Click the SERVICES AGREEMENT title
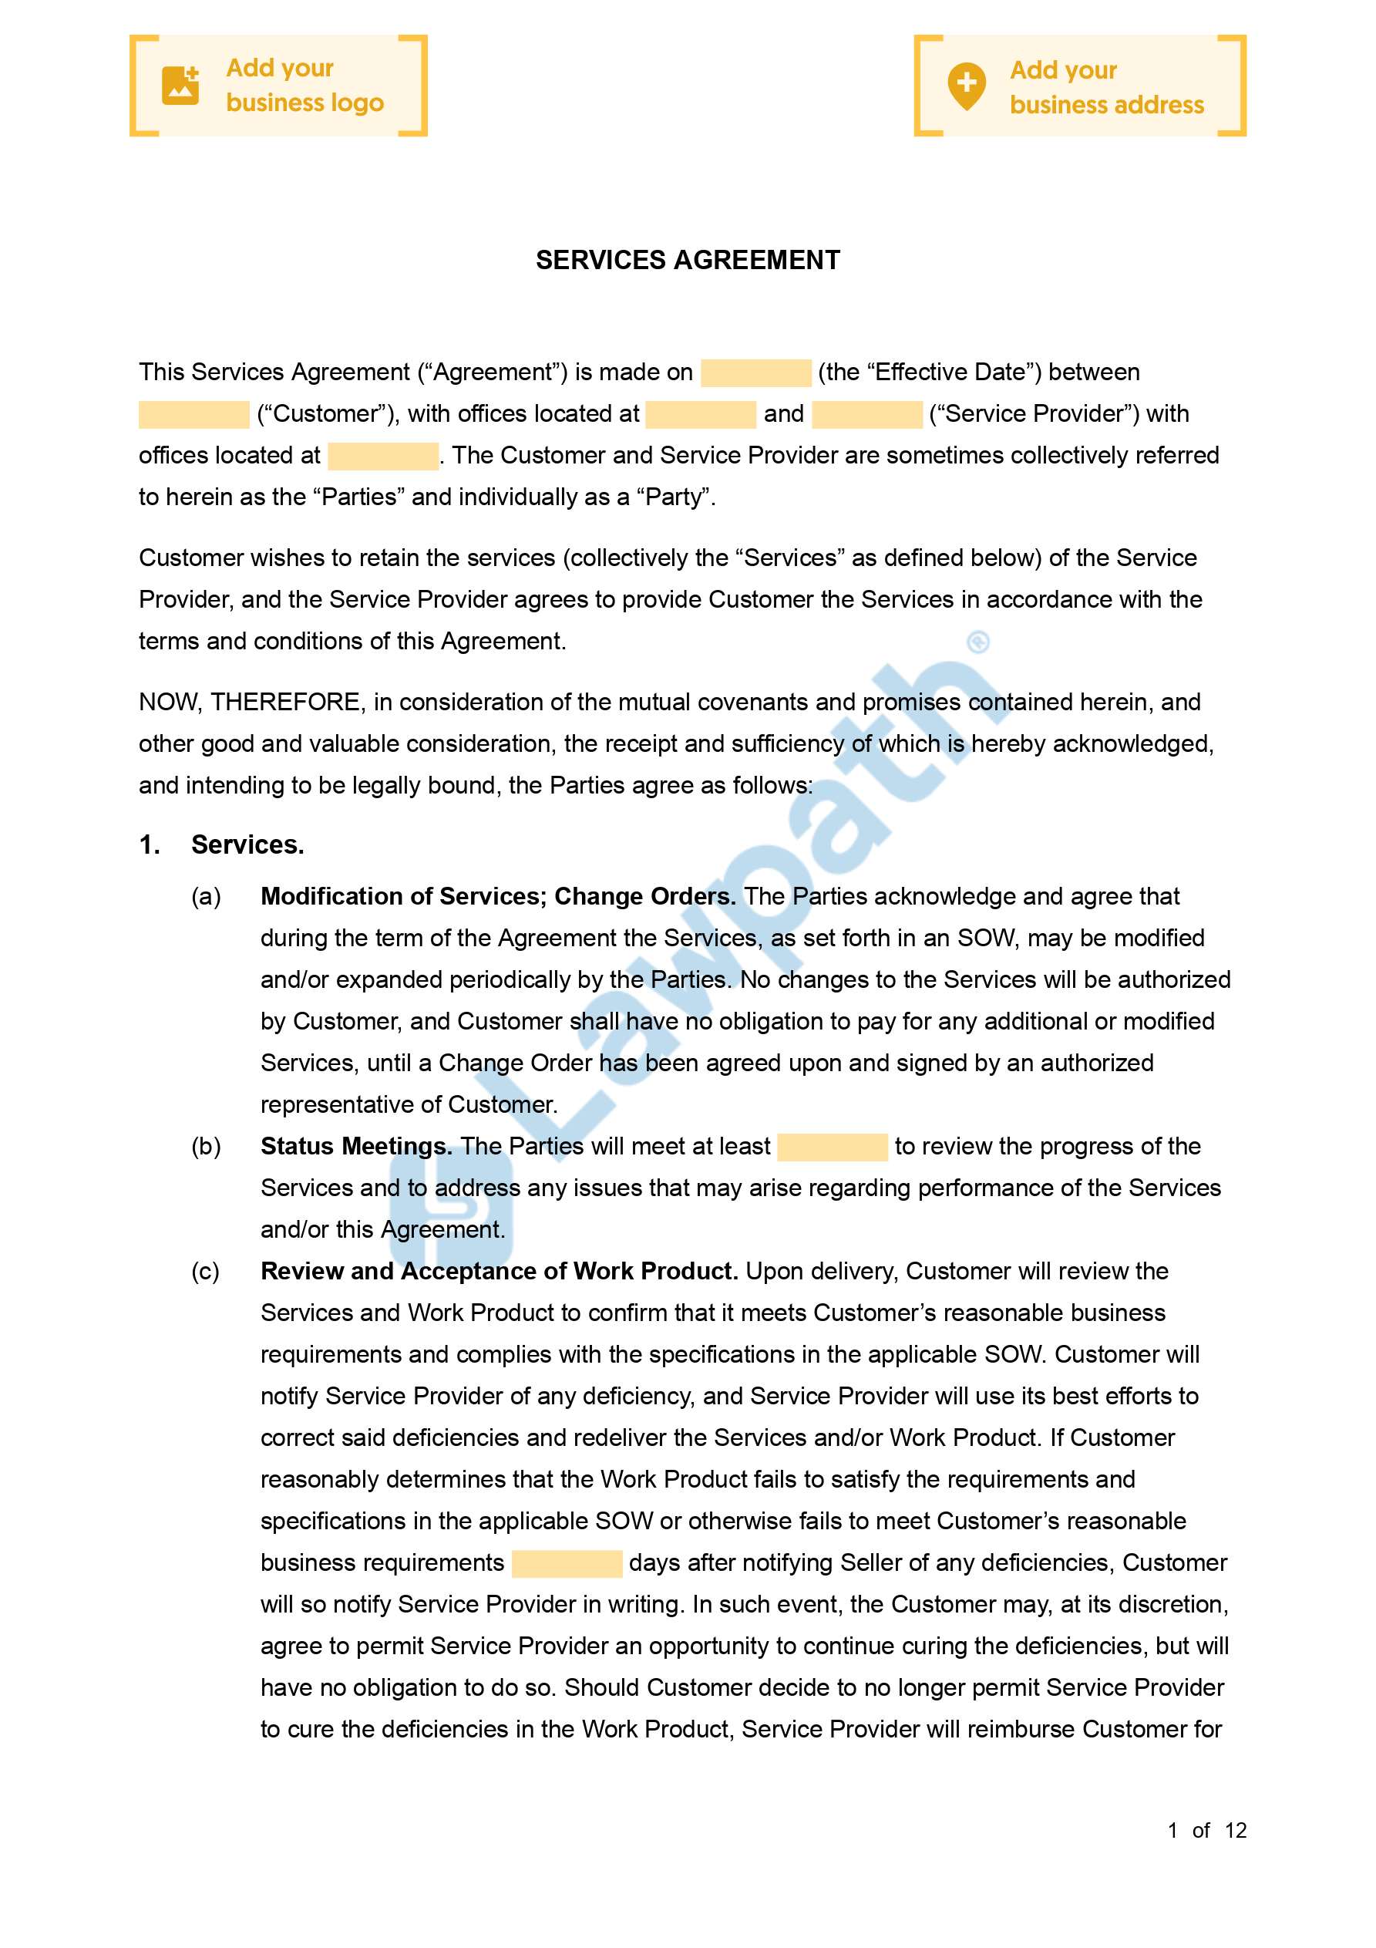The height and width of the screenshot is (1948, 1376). click(687, 261)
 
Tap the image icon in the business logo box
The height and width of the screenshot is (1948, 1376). click(180, 86)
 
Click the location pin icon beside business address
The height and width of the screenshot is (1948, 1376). click(966, 86)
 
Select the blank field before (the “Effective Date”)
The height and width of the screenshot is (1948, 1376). click(755, 373)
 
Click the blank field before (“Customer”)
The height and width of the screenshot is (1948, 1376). click(193, 415)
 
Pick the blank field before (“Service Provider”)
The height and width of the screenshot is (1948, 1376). click(866, 415)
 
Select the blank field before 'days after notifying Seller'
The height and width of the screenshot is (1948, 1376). click(567, 1564)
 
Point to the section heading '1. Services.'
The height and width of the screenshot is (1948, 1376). click(222, 845)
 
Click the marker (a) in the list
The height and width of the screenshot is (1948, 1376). click(206, 897)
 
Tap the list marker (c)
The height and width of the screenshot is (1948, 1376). click(205, 1272)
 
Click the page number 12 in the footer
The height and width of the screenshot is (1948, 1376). click(1235, 1831)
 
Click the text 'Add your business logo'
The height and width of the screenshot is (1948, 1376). click(304, 86)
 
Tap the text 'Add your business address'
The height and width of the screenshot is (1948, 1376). click(1106, 87)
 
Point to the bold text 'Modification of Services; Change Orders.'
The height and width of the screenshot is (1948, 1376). click(498, 897)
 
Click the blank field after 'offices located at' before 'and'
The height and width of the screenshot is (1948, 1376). click(700, 415)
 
